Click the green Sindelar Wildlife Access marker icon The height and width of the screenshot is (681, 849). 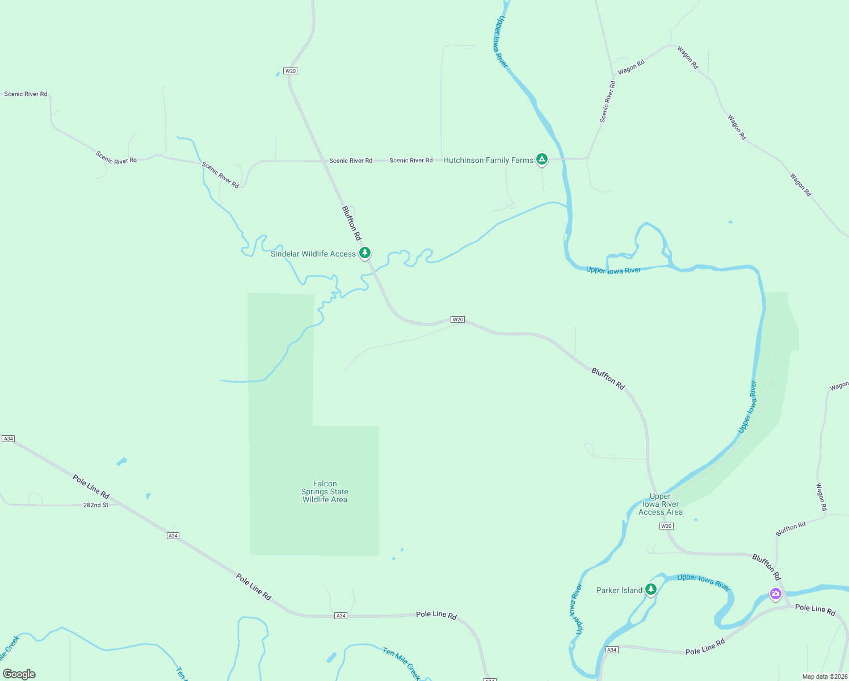365,253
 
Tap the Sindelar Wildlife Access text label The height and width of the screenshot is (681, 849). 313,254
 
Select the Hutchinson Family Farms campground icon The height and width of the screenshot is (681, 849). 542,159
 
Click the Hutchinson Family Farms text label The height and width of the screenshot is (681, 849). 488,161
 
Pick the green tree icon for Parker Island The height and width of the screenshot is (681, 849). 651,590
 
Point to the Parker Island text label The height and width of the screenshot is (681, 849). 619,591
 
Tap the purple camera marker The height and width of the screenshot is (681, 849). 775,594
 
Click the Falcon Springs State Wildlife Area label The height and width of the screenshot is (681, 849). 325,492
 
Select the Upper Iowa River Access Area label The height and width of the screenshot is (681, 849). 660,504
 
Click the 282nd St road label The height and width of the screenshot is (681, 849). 96,505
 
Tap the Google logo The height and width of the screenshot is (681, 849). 19,674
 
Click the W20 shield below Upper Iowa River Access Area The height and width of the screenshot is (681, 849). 666,526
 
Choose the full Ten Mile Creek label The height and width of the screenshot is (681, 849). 401,663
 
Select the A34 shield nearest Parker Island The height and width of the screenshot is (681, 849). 611,650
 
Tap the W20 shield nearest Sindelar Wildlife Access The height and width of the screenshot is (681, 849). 457,320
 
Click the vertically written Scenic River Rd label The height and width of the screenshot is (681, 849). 608,102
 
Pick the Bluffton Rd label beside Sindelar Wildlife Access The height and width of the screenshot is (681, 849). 351,223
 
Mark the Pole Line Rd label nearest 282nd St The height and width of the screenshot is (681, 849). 91,487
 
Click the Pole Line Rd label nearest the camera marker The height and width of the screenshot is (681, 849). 815,609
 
